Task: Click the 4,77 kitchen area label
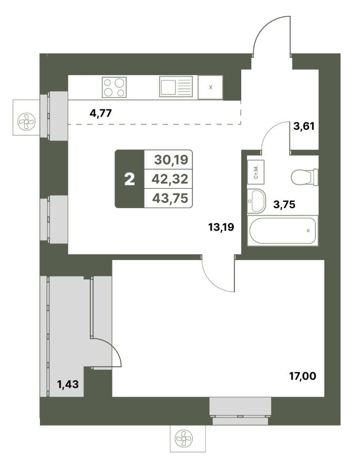pos(100,113)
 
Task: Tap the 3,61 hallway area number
pos(304,126)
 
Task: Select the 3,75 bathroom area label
pos(284,204)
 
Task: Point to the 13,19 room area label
pos(221,227)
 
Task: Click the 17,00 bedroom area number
pos(303,376)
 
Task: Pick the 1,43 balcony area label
pos(68,384)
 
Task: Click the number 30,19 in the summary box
pos(171,160)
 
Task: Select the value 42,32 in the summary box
pos(170,179)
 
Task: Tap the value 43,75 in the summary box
pos(170,198)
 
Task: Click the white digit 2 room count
pos(130,179)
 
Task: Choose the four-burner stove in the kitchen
pos(114,87)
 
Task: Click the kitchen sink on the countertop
pos(176,86)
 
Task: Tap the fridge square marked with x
pos(211,87)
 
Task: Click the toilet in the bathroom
pos(304,177)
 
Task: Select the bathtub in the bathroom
pos(283,231)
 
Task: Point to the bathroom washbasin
pos(256,201)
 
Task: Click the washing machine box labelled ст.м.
pos(255,172)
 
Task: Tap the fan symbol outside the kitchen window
pos(26,121)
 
